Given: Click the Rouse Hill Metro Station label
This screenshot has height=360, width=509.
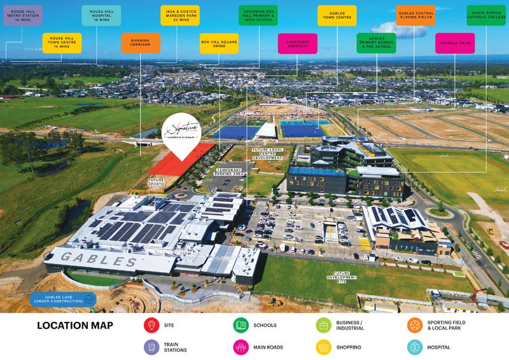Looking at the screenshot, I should click(23, 15).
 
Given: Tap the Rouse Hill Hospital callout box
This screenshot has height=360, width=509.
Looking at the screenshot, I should click(101, 15).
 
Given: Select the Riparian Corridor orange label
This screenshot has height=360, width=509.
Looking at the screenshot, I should click(141, 43).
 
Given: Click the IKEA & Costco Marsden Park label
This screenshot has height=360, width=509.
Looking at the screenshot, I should click(180, 15).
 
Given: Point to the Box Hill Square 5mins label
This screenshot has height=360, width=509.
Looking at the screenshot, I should click(219, 43).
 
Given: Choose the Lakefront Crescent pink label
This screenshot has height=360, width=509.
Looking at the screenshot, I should click(297, 43).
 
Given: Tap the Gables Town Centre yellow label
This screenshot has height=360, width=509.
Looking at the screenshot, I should click(337, 15).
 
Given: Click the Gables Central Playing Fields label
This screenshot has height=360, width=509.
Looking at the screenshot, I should click(415, 15).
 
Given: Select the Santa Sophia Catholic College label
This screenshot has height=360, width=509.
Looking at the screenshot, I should click(486, 15).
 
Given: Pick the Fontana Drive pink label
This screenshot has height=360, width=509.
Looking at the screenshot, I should click(455, 43).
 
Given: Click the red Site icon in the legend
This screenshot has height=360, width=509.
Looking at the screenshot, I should click(151, 326).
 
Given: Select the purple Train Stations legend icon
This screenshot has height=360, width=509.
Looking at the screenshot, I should click(151, 347).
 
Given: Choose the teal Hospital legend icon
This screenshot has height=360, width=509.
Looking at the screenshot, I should click(415, 347).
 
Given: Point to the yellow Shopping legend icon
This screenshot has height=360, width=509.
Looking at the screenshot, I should click(324, 347).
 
